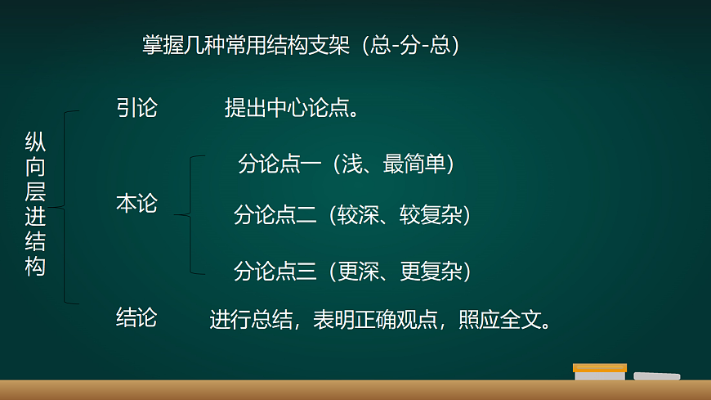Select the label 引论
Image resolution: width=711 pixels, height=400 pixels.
click(x=136, y=108)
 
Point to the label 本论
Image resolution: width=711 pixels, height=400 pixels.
click(x=136, y=204)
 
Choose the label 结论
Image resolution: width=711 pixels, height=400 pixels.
click(x=136, y=317)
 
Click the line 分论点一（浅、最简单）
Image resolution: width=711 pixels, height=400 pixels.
click(x=346, y=164)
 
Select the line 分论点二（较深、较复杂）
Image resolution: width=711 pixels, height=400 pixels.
click(x=352, y=215)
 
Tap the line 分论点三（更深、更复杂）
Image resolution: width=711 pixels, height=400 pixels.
click(x=352, y=270)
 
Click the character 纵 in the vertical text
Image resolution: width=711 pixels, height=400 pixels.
click(x=35, y=142)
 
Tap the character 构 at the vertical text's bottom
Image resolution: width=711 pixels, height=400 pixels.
click(x=35, y=267)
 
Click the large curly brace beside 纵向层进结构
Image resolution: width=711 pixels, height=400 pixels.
click(x=68, y=207)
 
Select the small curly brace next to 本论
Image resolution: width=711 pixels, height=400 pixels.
click(x=190, y=214)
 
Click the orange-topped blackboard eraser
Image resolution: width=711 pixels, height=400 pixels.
click(x=600, y=372)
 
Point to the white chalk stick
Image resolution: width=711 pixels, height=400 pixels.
click(x=656, y=376)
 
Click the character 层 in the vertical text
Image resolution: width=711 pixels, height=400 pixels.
click(x=35, y=192)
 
